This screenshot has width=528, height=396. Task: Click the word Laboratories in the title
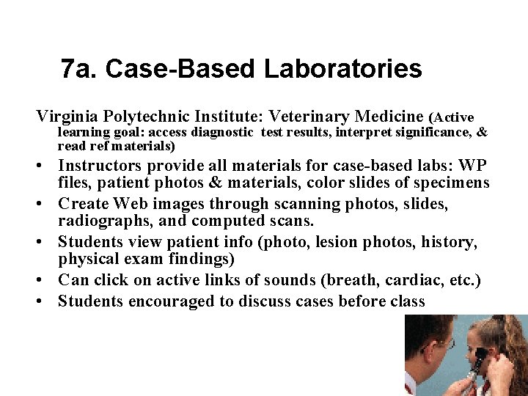pos(342,69)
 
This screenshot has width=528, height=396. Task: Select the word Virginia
pos(68,117)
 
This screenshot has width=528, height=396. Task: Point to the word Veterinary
pos(309,117)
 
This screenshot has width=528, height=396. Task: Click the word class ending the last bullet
pos(406,301)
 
